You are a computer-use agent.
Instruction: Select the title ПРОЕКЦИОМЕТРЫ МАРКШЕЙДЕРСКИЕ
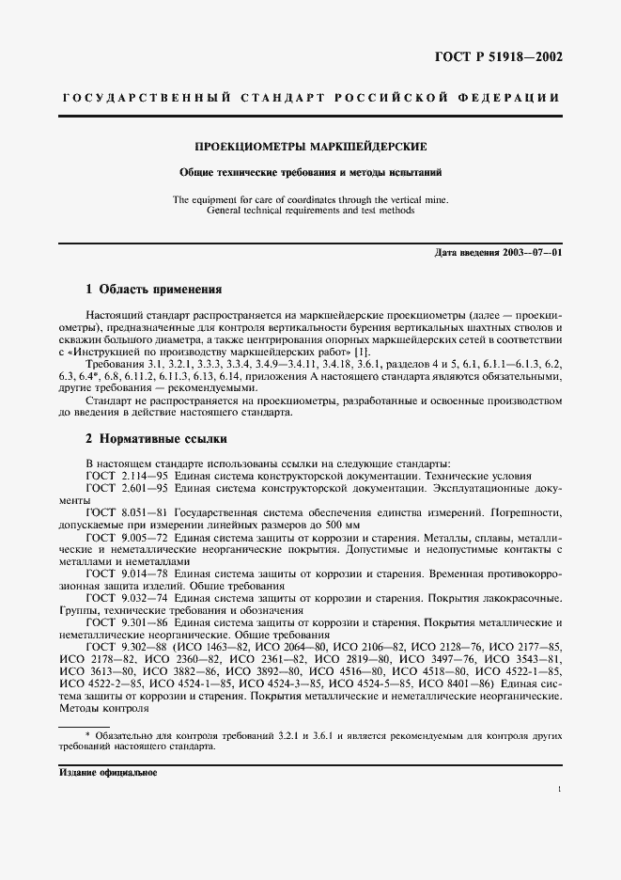point(310,148)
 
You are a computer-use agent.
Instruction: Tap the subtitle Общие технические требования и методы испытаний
point(310,173)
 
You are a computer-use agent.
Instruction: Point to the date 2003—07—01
point(533,253)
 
